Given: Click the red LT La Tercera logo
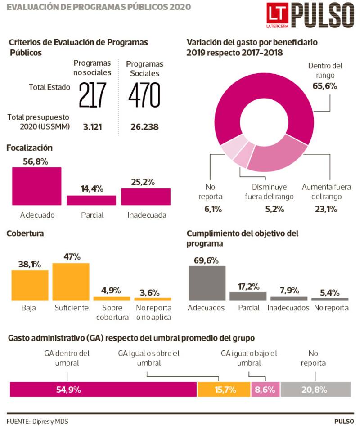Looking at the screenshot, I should point(276,16).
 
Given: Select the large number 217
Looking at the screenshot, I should point(93,95).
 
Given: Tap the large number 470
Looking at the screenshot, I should point(144,95).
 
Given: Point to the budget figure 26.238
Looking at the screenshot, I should point(144,127).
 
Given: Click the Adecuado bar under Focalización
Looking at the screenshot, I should point(36,186).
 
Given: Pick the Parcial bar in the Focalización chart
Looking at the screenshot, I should point(91,200).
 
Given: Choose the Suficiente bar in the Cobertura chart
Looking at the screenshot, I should point(71,282).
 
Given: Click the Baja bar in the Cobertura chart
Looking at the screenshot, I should point(30,285).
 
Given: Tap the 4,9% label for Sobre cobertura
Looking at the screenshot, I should point(112,290).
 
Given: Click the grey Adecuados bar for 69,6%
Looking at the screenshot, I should point(207,283).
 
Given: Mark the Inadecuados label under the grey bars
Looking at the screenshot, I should point(288,308).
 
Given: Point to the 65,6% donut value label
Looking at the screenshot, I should point(322,86).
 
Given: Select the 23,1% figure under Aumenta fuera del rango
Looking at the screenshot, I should point(326,209).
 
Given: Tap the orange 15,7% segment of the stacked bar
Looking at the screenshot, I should point(224,390).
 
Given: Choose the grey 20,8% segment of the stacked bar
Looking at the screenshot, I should point(315,390).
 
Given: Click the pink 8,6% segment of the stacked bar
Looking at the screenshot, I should point(265,390).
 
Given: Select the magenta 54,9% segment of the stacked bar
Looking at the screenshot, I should point(103,390).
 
